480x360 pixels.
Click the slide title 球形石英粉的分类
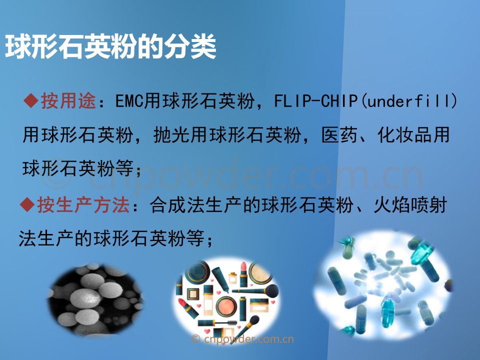(x=110, y=47)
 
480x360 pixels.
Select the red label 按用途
(x=68, y=100)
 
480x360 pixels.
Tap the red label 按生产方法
(x=83, y=205)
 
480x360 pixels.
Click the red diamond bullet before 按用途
(x=31, y=100)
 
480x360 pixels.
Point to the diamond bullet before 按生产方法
(x=27, y=204)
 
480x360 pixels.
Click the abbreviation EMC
(x=129, y=100)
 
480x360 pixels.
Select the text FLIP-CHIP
(x=315, y=100)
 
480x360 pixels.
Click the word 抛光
(x=171, y=134)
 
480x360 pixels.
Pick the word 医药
(x=339, y=134)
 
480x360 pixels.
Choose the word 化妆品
(x=404, y=134)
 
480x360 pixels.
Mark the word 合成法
(x=177, y=205)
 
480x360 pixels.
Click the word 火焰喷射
(x=410, y=205)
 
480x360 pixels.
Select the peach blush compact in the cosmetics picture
(x=226, y=306)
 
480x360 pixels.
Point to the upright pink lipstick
(x=243, y=274)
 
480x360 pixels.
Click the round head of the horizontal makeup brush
(x=271, y=291)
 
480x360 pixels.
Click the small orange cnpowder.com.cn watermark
(x=242, y=339)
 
